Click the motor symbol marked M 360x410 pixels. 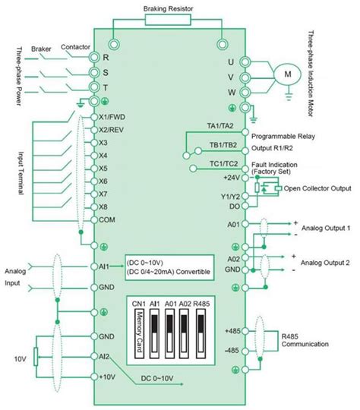(x=287, y=74)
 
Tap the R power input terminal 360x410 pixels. (x=95, y=58)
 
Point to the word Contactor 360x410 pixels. (x=73, y=47)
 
